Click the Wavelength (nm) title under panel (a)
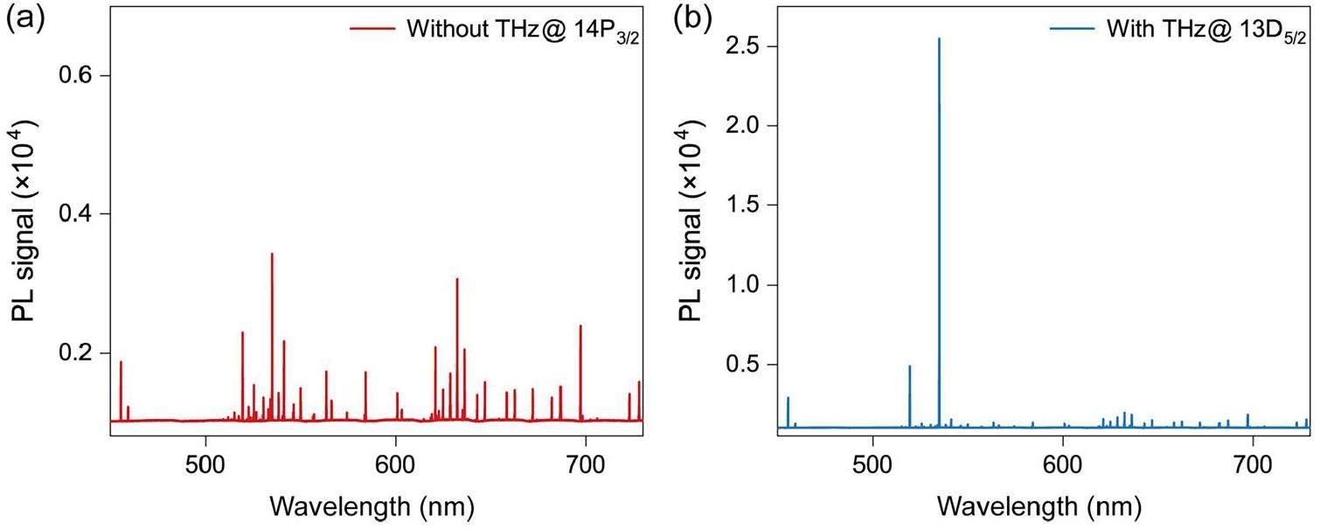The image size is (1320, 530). (x=373, y=506)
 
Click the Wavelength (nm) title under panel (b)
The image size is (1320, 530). (x=1040, y=506)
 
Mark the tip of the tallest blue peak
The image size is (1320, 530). (x=939, y=39)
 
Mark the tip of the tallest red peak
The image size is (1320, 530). (x=272, y=254)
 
